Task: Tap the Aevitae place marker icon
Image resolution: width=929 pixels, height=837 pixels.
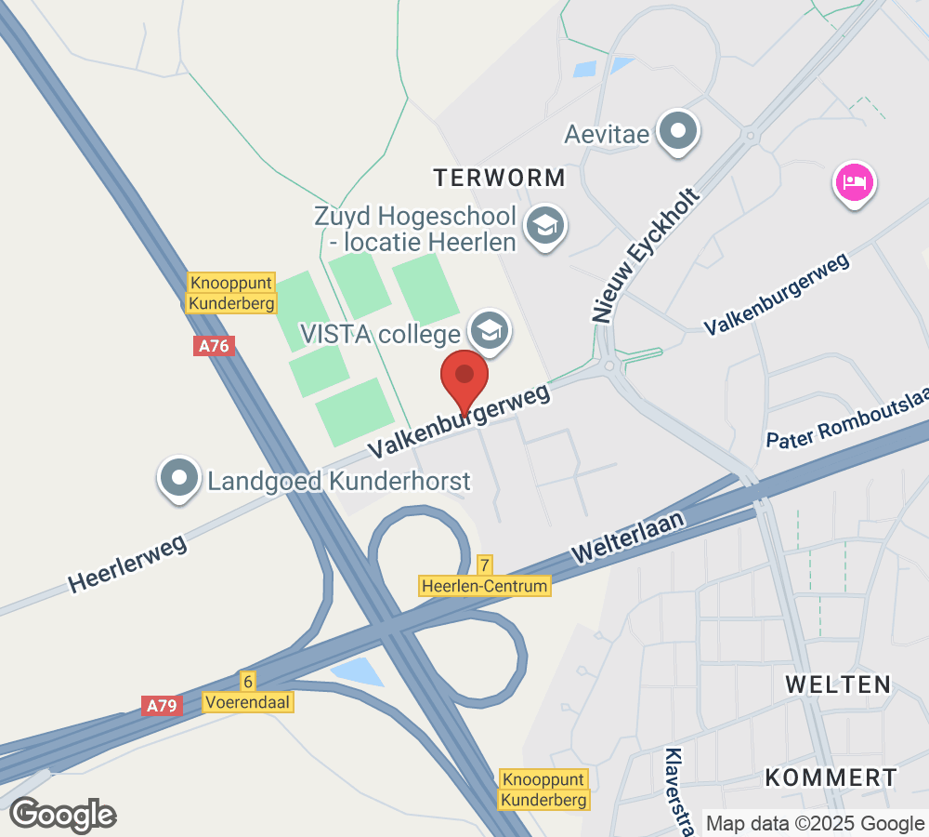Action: (x=679, y=131)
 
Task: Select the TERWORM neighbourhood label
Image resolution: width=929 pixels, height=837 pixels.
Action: (x=499, y=177)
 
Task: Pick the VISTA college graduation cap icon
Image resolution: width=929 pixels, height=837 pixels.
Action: (x=487, y=330)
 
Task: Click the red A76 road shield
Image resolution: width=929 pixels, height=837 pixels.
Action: (x=215, y=346)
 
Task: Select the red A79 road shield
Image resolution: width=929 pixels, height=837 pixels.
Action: (x=162, y=706)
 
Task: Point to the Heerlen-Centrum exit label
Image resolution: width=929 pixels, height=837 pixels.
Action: (x=485, y=586)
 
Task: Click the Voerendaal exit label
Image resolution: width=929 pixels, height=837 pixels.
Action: (x=248, y=702)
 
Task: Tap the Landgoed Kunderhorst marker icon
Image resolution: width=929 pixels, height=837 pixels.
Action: (x=180, y=479)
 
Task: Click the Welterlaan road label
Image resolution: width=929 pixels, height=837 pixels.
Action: (x=629, y=537)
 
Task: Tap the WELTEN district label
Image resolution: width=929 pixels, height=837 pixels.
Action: (x=838, y=684)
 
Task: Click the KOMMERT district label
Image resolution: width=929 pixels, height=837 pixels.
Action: (x=831, y=777)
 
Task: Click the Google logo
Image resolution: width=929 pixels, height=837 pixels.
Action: (x=63, y=815)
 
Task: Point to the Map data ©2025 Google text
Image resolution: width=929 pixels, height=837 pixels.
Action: (x=814, y=823)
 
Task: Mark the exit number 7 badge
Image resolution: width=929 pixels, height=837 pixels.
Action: (x=484, y=565)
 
